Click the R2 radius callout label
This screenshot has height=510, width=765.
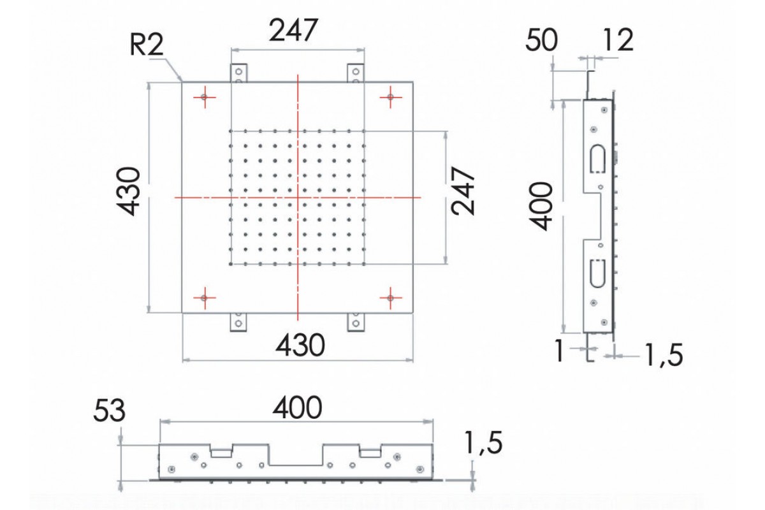click(147, 45)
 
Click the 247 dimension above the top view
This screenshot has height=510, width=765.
click(294, 31)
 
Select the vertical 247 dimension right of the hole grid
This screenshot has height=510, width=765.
click(463, 191)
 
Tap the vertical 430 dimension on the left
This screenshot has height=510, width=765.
click(128, 191)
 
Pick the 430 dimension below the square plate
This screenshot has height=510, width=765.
click(300, 346)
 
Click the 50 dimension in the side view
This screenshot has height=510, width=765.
click(541, 40)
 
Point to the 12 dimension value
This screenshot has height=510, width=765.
click(618, 40)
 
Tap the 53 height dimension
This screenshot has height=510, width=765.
click(109, 411)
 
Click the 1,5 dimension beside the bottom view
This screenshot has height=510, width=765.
click(484, 443)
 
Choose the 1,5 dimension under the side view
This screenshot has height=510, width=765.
click(664, 355)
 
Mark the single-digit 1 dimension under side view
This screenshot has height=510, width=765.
click(560, 351)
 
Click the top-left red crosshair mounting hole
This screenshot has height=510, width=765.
click(205, 98)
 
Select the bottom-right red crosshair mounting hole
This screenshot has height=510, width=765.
click(391, 298)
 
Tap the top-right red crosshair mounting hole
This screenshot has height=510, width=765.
click(391, 98)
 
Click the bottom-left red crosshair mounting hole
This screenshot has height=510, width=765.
click(205, 298)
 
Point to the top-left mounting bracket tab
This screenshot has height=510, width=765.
click(238, 73)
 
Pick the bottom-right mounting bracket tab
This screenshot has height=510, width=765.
click(356, 322)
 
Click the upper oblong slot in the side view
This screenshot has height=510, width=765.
click(598, 159)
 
